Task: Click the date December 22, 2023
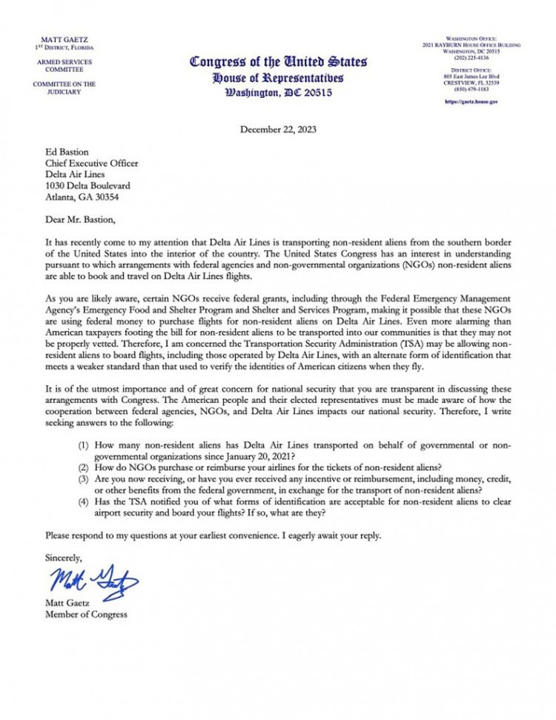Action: point(278,130)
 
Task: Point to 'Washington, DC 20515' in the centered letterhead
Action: point(278,93)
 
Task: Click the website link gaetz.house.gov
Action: point(471,101)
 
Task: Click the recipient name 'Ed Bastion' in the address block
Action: point(66,150)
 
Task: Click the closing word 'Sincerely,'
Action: point(64,556)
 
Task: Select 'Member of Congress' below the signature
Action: point(86,614)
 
